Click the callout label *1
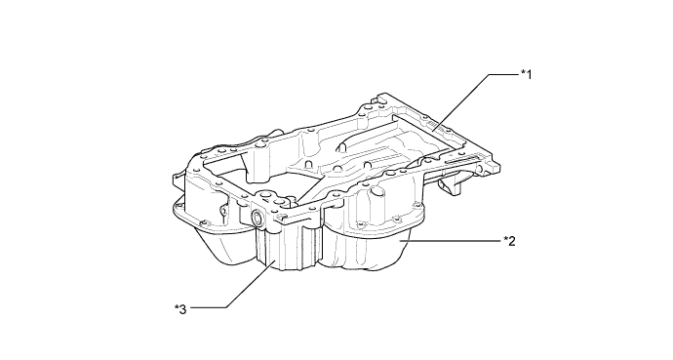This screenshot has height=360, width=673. point(527,75)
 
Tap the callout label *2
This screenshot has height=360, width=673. point(509,241)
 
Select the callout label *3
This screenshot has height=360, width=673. point(180,309)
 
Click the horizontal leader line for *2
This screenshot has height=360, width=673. point(451,242)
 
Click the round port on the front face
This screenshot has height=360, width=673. point(258,218)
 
